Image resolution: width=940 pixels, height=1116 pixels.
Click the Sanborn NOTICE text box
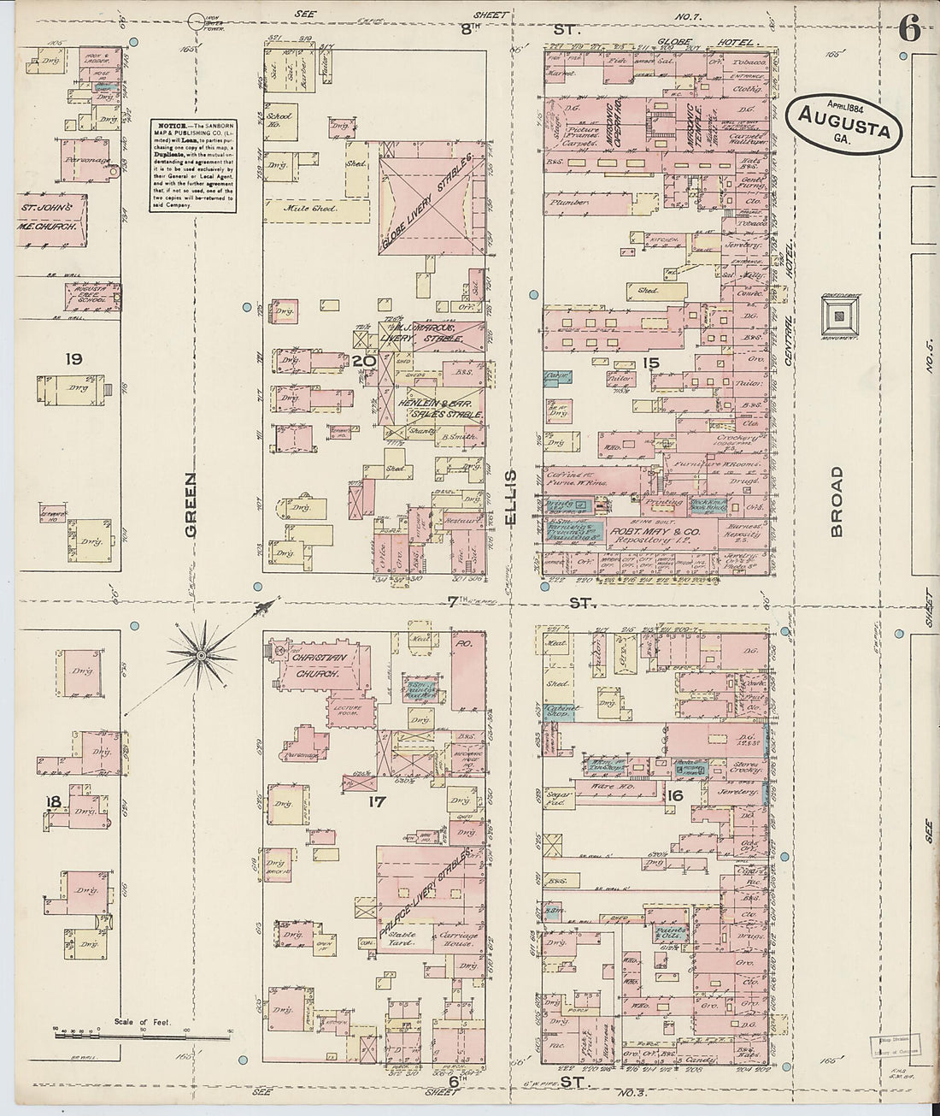pyautogui.click(x=196, y=166)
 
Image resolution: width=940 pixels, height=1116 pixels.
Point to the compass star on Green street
pyautogui.click(x=201, y=655)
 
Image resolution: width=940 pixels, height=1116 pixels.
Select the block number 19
pyautogui.click(x=73, y=359)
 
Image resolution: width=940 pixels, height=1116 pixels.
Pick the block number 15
pyautogui.click(x=651, y=363)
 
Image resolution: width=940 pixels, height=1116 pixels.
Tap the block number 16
pyautogui.click(x=674, y=797)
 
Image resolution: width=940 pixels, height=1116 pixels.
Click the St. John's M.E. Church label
pyautogui.click(x=51, y=216)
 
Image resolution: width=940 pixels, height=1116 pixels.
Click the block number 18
pyautogui.click(x=53, y=801)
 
